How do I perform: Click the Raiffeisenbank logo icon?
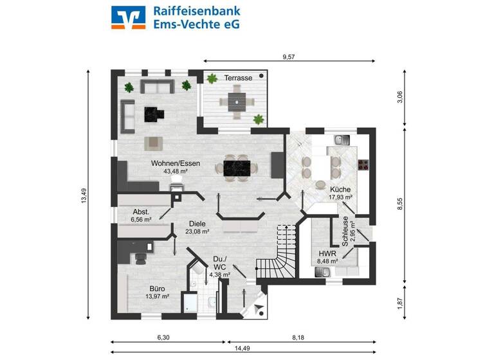point(129,17)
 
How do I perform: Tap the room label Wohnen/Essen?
point(176,163)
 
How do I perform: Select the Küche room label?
point(340,190)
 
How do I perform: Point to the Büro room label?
point(158,289)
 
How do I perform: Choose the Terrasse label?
point(237,78)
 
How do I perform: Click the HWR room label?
point(327,253)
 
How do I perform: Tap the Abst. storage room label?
point(141,212)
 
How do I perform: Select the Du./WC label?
point(219,263)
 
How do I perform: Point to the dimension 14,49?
point(242,349)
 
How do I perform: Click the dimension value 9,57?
point(289,57)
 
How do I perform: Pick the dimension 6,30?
point(163,337)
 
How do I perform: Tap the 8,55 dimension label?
point(400,204)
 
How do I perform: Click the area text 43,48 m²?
point(176,172)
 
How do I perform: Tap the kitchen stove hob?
point(363,165)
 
